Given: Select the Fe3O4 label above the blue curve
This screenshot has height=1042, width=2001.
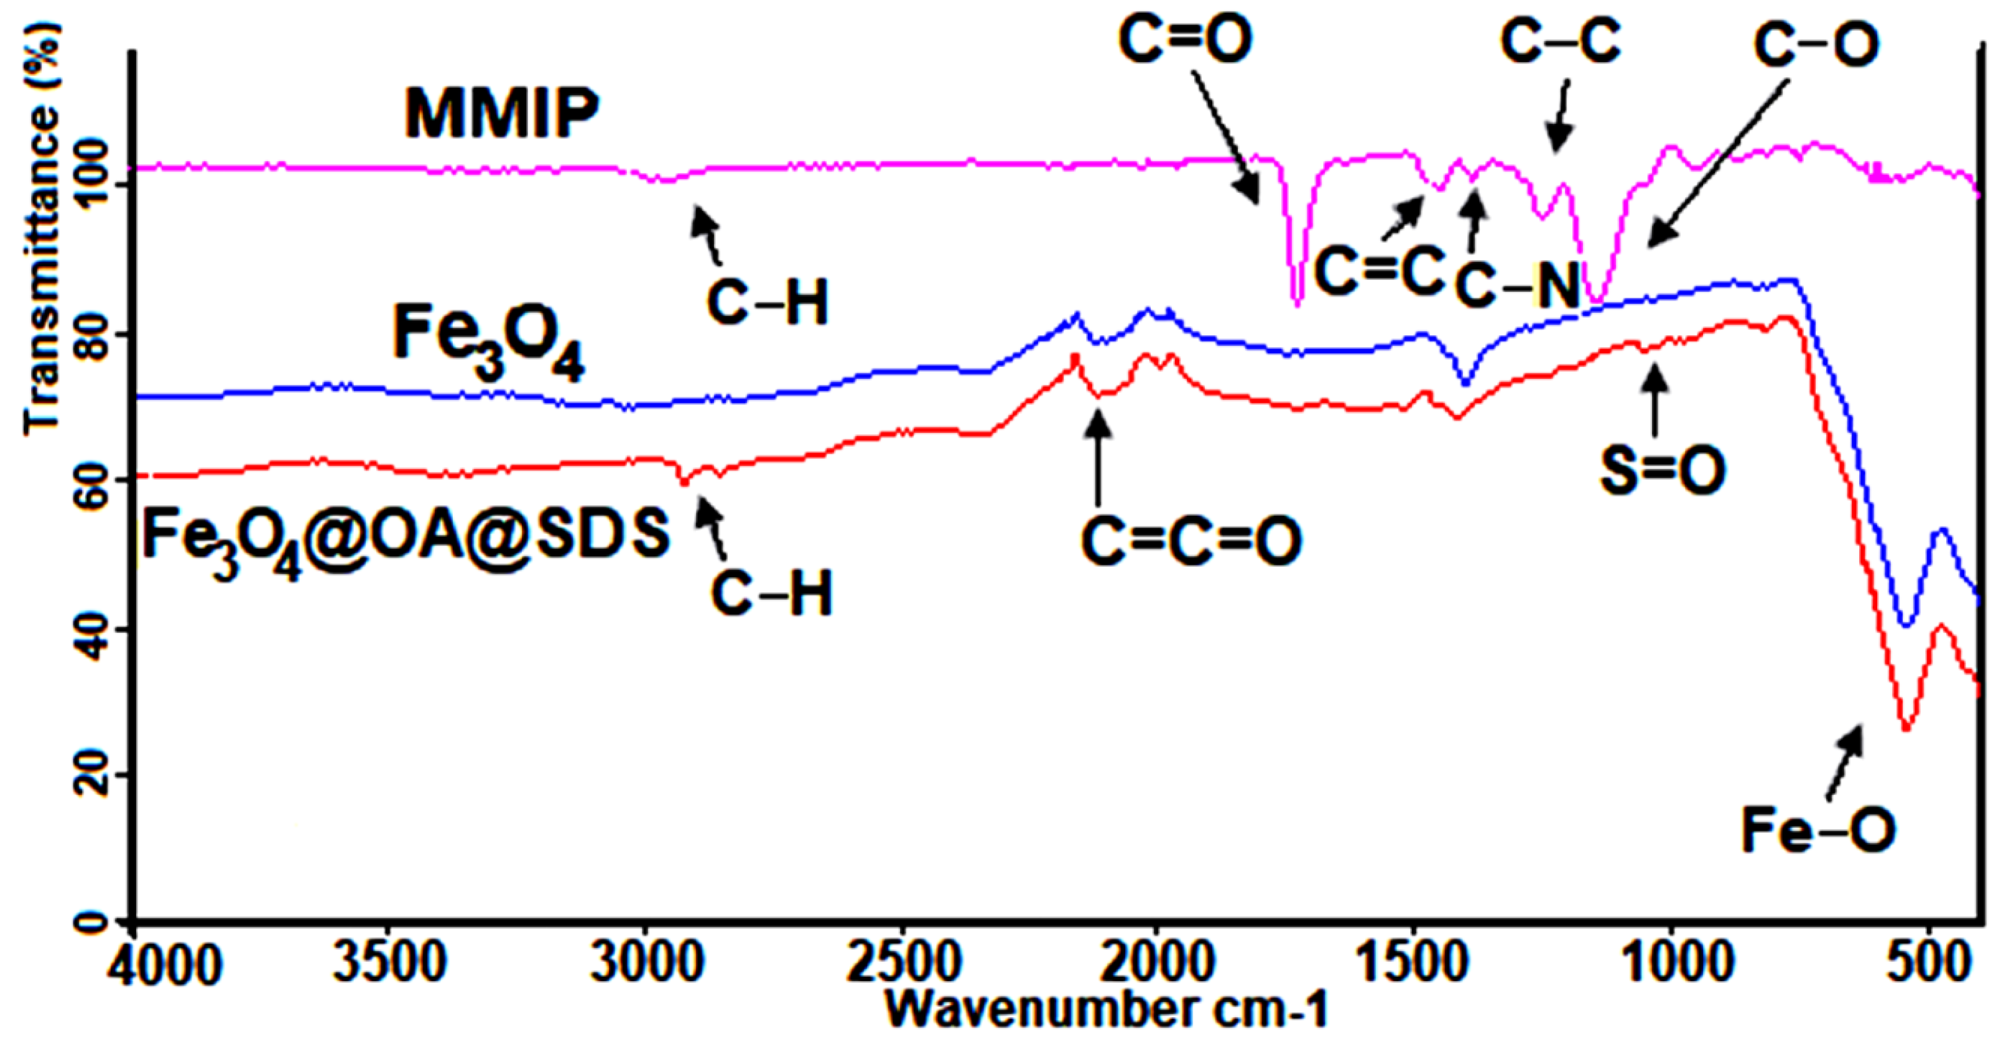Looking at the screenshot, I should (488, 342).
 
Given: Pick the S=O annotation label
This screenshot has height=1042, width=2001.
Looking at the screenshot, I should (1663, 471).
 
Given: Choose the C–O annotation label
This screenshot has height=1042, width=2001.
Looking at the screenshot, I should (1816, 45).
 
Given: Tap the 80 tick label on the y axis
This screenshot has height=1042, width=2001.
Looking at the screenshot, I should (91, 336).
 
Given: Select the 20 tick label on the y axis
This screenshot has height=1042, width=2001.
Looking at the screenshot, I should (91, 775).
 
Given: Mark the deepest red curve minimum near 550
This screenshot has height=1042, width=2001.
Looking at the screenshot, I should (1905, 727).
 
